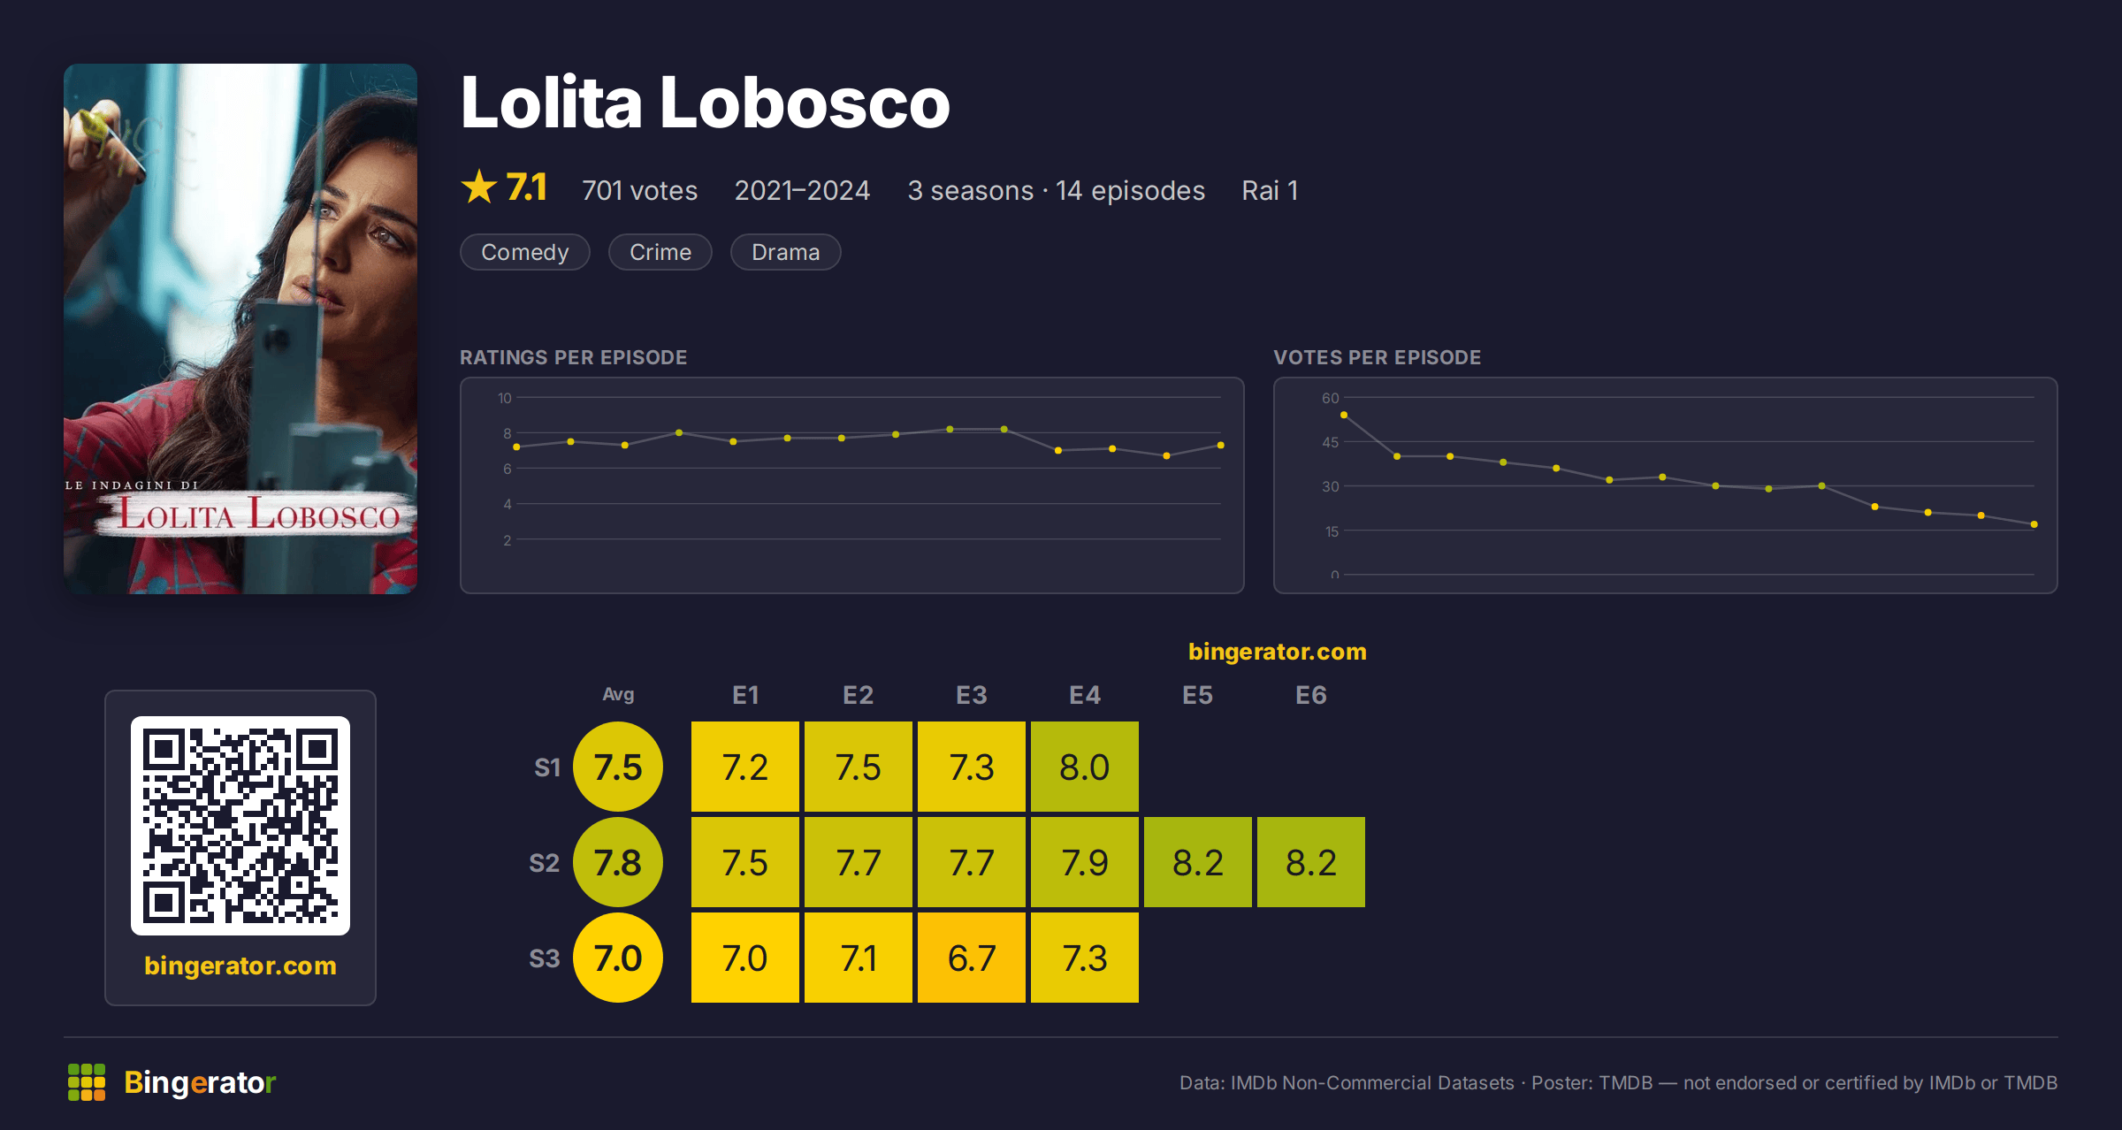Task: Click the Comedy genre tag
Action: pos(525,252)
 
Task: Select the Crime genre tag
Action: pos(660,252)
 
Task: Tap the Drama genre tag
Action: pos(785,252)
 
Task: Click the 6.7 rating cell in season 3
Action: pos(972,958)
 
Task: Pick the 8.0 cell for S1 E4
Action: pos(1085,767)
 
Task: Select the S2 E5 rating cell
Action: pos(1198,862)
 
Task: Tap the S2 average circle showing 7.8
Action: pos(618,862)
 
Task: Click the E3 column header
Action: pos(972,695)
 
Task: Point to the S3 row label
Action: pos(545,958)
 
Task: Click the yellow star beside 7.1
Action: pos(479,187)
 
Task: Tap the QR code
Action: pos(240,826)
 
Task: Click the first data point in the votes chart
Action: pos(1344,415)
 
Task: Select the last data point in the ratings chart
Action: pos(1221,445)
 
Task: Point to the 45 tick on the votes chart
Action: pos(1330,442)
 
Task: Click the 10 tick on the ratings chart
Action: pos(504,398)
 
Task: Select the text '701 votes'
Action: pos(639,190)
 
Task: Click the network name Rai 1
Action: pos(1270,190)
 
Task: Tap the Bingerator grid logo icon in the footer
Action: pos(87,1082)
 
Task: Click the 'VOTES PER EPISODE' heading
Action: pos(1377,357)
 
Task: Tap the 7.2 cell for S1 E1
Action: pos(745,767)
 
